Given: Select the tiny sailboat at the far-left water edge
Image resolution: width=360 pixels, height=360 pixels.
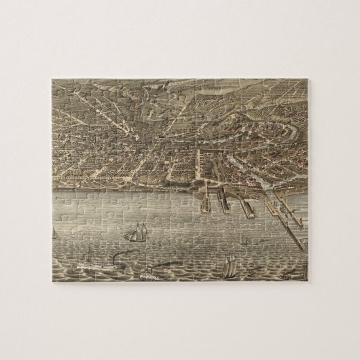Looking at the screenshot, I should (x=55, y=234).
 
